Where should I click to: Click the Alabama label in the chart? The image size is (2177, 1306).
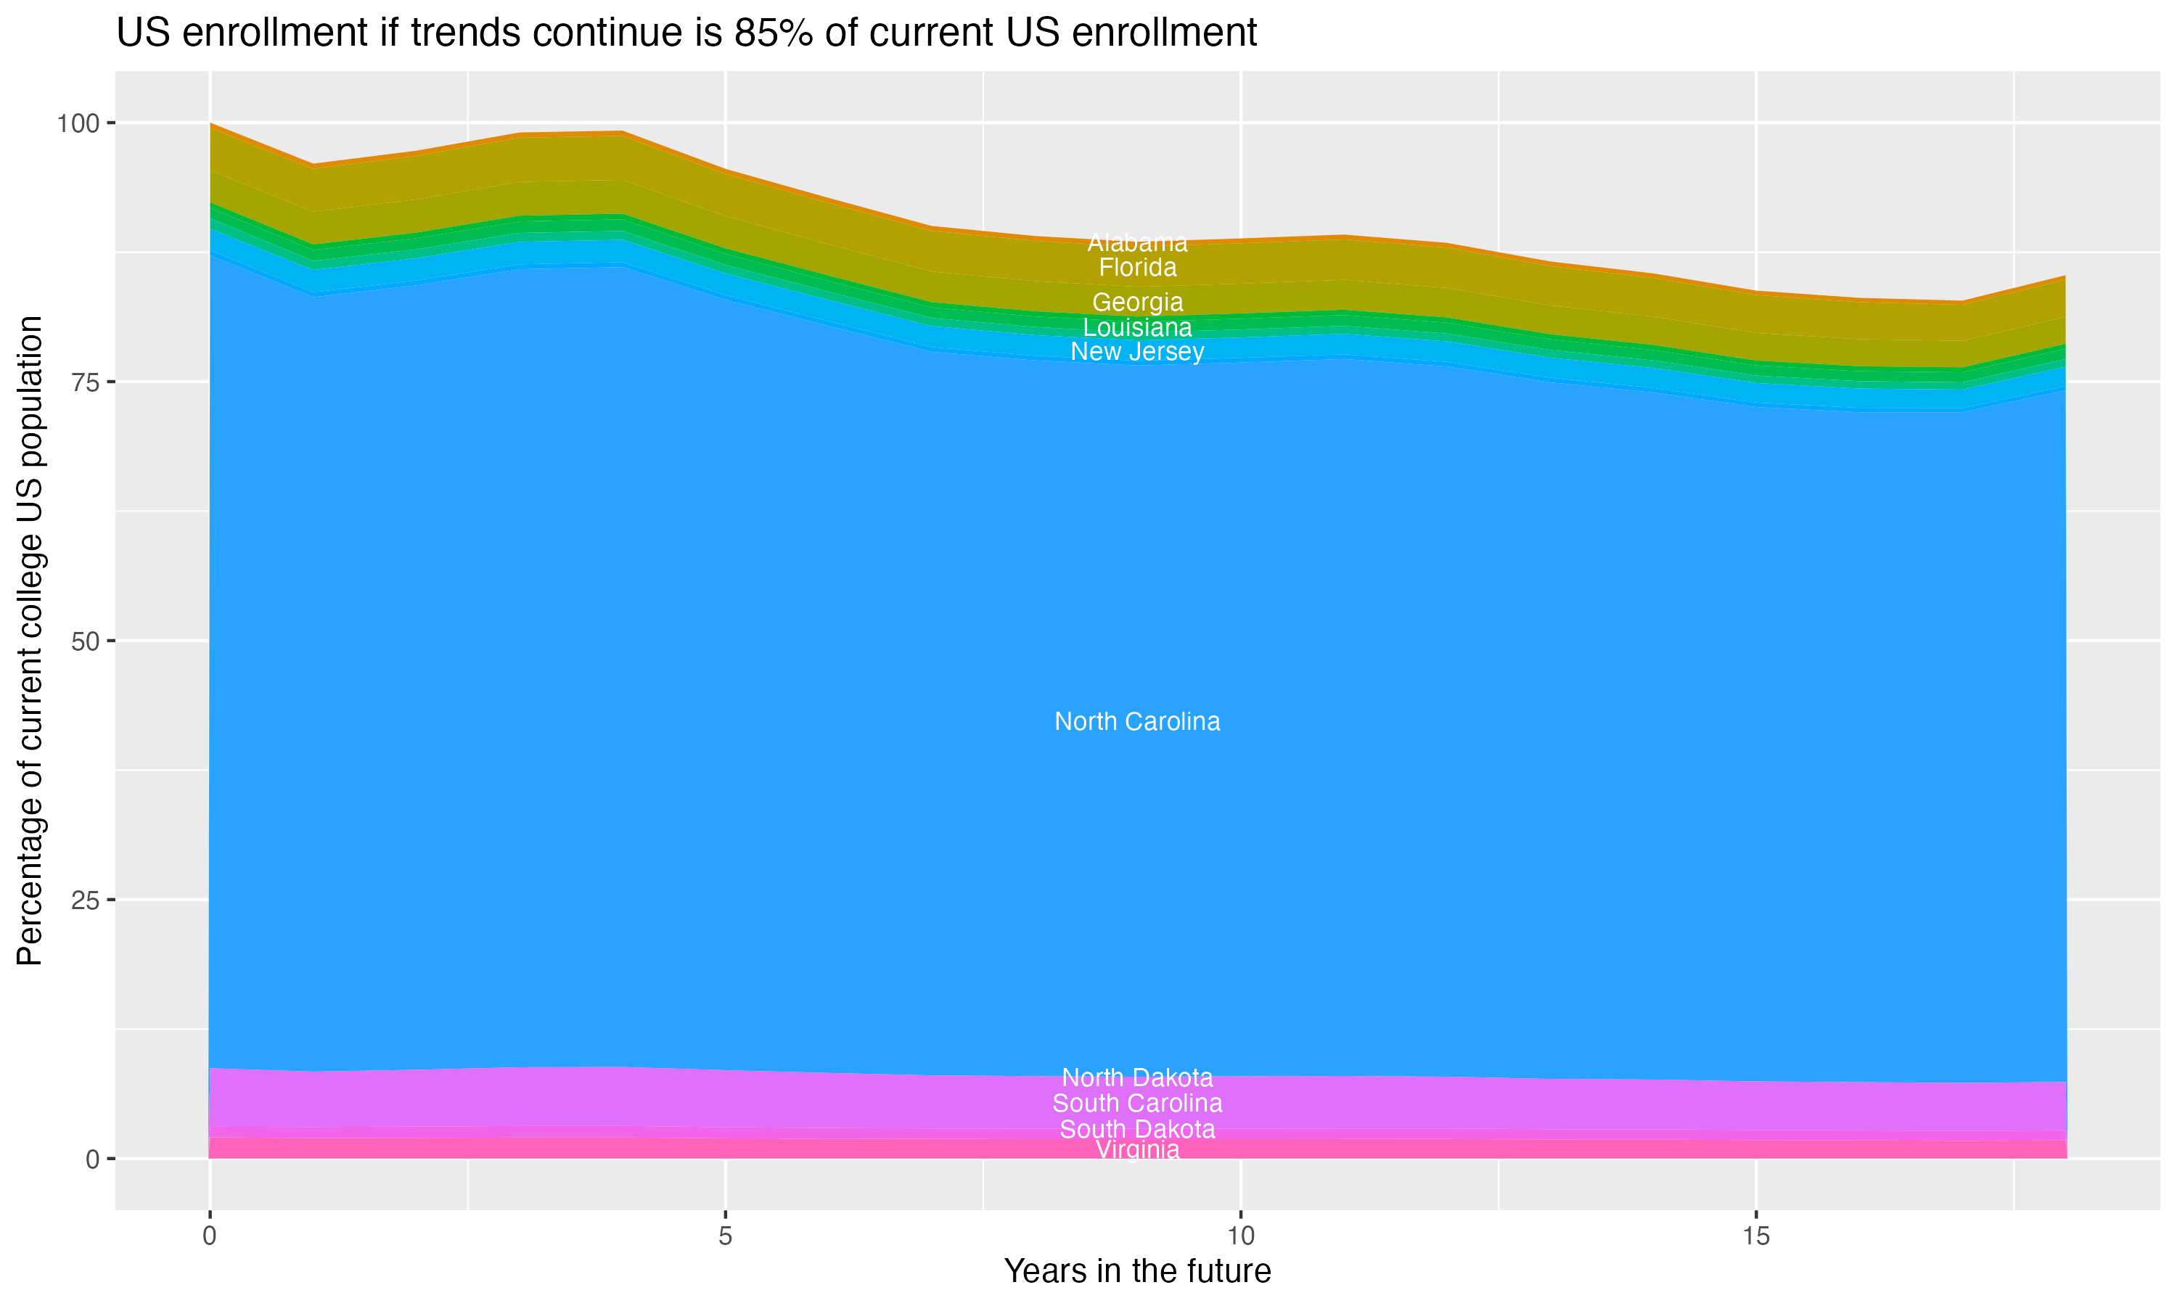click(x=1137, y=243)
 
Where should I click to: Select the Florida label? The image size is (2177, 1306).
click(x=1137, y=268)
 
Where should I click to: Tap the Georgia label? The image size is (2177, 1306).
click(x=1137, y=303)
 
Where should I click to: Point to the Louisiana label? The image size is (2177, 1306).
click(x=1137, y=328)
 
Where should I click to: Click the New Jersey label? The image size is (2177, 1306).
click(x=1137, y=352)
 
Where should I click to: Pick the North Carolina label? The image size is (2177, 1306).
click(x=1137, y=722)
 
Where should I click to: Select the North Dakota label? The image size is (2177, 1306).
click(x=1137, y=1077)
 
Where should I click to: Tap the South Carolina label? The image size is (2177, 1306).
click(x=1137, y=1103)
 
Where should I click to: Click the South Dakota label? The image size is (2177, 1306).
click(x=1137, y=1129)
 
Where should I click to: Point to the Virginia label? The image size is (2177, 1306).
click(x=1137, y=1150)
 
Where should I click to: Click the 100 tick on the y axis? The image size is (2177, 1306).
click(x=78, y=123)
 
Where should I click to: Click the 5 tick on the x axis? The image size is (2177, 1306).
click(x=725, y=1236)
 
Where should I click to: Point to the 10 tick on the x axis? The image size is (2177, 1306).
click(x=1240, y=1236)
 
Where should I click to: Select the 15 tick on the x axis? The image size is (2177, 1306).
click(x=1755, y=1236)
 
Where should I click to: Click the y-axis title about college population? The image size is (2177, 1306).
click(x=30, y=641)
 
